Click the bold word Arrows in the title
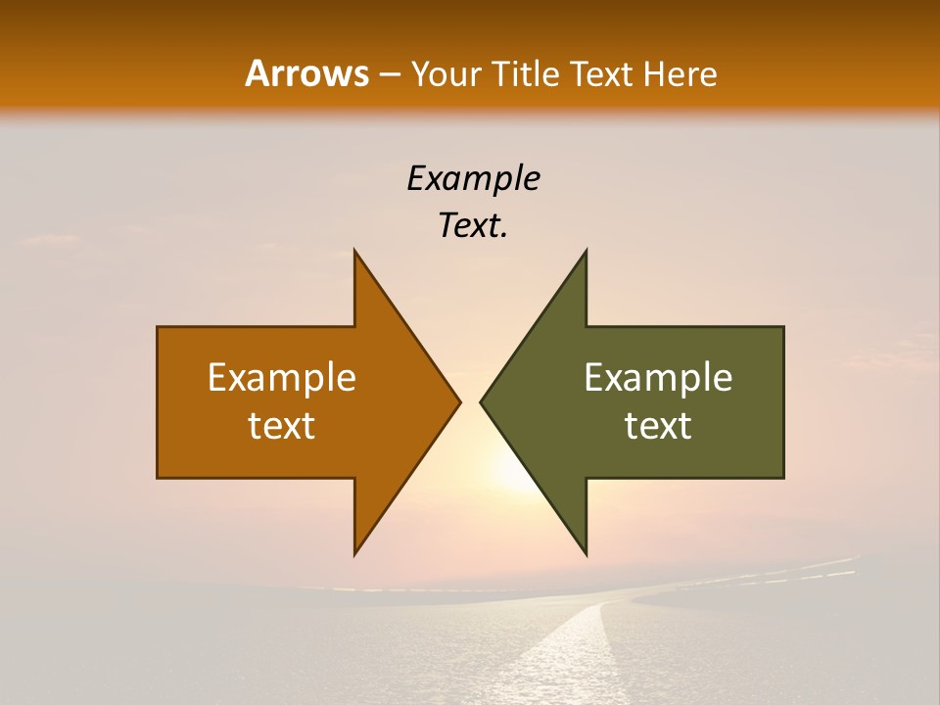point(306,73)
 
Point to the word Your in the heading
point(446,74)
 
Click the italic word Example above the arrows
point(473,178)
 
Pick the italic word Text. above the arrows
point(473,226)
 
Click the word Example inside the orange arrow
point(282,377)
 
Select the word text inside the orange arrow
point(282,426)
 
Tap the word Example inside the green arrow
point(658,377)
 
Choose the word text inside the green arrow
point(658,426)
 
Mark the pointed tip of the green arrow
point(482,401)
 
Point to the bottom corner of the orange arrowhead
point(355,553)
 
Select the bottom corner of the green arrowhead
point(586,553)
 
